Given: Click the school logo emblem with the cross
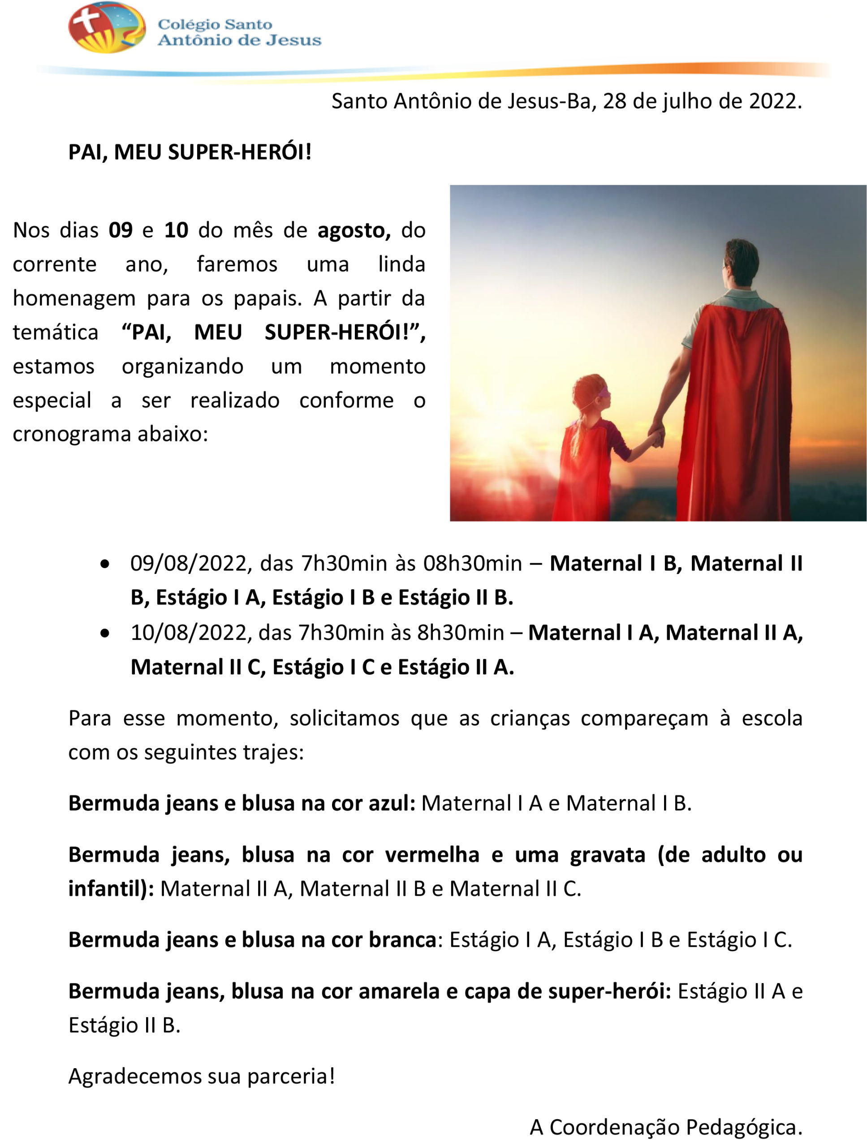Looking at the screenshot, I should pos(106,28).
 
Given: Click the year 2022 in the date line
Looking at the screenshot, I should pos(775,101).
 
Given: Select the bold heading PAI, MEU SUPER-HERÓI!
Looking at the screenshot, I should pos(190,152).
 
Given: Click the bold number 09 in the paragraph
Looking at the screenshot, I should pos(120,230).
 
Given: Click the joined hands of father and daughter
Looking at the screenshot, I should pos(657,435).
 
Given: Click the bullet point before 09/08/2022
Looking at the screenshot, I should pos(105,564).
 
